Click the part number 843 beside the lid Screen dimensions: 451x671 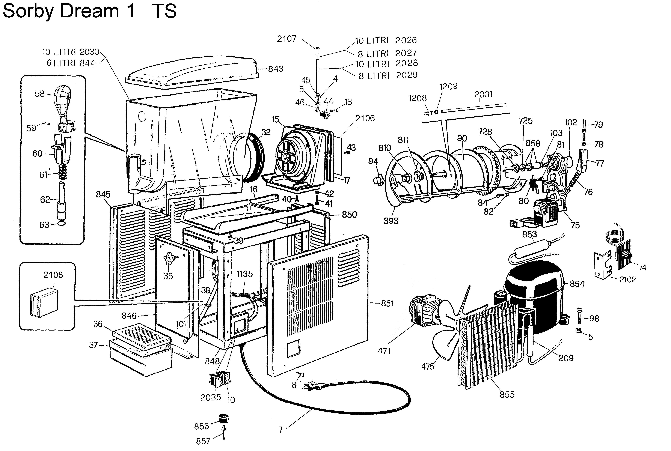point(276,69)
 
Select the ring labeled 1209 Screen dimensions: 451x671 point(436,112)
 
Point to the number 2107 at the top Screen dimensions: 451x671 point(287,39)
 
